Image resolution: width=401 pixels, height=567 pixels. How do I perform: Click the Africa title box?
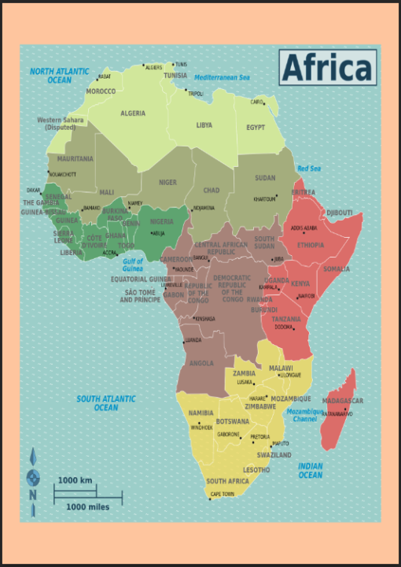[327, 68]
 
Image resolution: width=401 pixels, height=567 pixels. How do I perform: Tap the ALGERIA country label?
[133, 113]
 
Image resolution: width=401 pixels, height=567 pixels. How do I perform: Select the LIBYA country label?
[204, 125]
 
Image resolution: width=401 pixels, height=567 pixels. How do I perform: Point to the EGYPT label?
[256, 127]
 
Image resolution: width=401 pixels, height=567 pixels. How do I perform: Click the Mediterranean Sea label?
[222, 77]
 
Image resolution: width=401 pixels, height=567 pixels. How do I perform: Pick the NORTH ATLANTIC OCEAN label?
[60, 76]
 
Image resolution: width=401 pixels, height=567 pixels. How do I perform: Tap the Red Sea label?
[309, 169]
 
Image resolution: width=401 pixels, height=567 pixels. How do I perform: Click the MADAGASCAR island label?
[343, 401]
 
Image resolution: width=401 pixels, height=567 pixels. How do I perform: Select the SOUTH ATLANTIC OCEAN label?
[106, 403]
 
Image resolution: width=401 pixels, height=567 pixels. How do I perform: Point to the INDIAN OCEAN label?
[311, 470]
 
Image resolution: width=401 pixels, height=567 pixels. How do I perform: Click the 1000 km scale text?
[75, 480]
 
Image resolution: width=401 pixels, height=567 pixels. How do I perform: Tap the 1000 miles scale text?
[87, 506]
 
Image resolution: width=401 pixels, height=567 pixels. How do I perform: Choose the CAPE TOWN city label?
[223, 495]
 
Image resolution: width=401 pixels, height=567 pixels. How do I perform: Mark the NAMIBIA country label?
[200, 413]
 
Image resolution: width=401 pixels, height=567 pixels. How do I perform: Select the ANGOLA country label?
[201, 364]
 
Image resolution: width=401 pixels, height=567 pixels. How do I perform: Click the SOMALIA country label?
[337, 269]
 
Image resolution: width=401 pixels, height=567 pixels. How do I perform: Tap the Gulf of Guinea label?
[133, 265]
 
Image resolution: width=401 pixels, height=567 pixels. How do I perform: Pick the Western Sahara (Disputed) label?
[61, 123]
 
